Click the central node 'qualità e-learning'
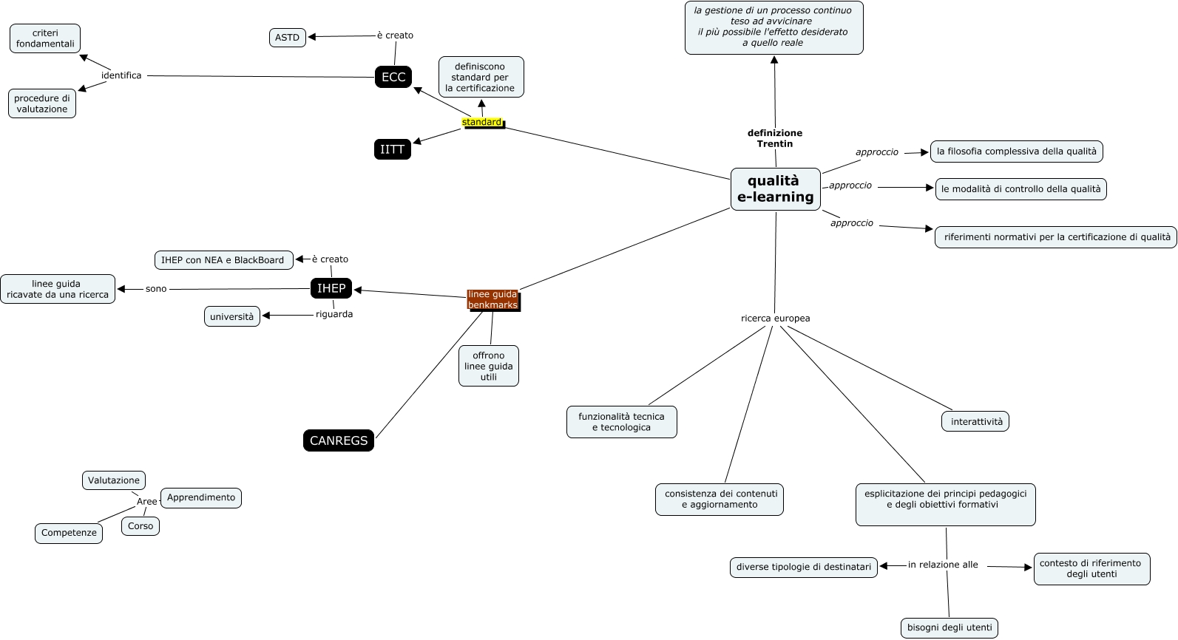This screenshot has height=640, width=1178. (775, 189)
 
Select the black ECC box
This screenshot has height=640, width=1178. (393, 77)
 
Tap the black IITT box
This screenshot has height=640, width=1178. (392, 149)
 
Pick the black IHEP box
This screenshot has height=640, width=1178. (331, 289)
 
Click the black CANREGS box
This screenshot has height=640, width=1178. (339, 440)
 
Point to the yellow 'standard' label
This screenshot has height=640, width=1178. (481, 122)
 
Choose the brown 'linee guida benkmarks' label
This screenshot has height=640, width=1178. (492, 299)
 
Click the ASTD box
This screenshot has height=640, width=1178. (288, 38)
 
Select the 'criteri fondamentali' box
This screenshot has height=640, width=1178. (45, 38)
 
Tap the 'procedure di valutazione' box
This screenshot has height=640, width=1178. (42, 103)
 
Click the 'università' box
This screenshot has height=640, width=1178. (232, 317)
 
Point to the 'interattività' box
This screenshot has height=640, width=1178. (976, 422)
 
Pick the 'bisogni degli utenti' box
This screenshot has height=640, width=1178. (949, 628)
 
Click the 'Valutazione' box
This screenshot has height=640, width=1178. (114, 480)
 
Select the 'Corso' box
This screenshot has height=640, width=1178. (141, 526)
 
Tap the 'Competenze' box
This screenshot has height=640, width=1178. (69, 533)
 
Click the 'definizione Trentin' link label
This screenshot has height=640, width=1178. (775, 138)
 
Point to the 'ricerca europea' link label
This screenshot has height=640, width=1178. (775, 319)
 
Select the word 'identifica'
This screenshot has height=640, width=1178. (121, 75)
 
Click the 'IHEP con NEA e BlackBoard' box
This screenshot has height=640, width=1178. (223, 260)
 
